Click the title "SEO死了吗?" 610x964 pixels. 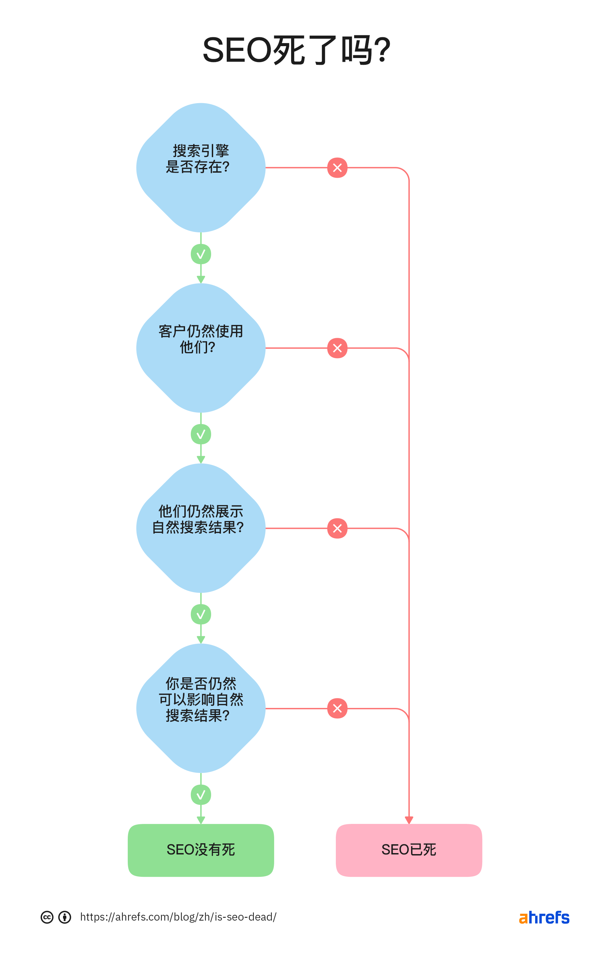pos(297,51)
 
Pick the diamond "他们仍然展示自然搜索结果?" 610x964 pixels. pos(201,528)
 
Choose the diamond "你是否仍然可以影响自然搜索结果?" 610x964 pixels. pos(201,708)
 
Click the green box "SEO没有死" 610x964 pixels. pos(201,849)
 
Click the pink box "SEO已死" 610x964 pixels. pos(409,849)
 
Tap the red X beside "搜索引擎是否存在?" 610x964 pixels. pos(337,168)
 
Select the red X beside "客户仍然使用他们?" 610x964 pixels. pos(337,348)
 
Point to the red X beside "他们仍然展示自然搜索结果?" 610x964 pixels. pos(337,528)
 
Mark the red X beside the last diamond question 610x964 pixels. pos(337,708)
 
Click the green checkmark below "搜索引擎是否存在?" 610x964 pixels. pos(201,254)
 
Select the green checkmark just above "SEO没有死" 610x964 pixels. pos(201,794)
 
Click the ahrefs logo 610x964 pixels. pos(544,917)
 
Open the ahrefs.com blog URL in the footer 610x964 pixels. pos(178,917)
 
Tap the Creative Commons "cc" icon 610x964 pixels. pos(47,917)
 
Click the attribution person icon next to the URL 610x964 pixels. pos(65,917)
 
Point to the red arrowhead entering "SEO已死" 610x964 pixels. pos(409,820)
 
